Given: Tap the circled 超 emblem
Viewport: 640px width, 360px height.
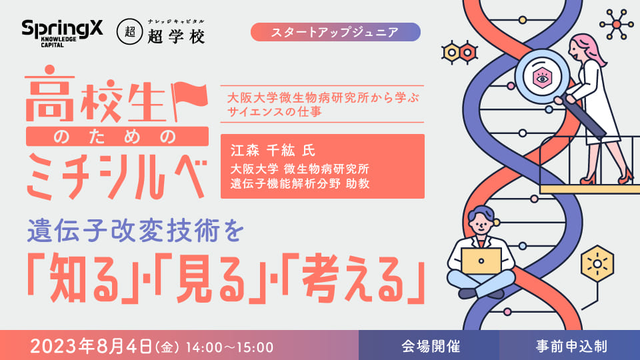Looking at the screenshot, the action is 130,32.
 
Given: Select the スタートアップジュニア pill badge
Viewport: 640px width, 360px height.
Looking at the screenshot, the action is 335,32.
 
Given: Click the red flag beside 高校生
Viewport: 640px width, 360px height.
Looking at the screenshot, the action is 189,101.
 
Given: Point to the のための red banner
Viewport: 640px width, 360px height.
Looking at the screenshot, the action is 117,136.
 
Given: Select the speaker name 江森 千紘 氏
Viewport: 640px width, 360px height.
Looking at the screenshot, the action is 273,151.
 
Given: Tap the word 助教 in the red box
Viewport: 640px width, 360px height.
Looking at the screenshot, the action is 357,183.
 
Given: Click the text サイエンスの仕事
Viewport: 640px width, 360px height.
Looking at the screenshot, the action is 274,111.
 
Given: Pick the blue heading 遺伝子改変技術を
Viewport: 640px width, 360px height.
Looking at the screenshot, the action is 135,230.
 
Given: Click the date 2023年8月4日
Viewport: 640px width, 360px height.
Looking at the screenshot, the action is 91,347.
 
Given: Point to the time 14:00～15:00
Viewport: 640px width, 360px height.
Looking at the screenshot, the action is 229,347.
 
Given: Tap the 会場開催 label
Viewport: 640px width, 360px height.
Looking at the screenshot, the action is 431,347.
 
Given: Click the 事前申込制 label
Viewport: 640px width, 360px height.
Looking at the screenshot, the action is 571,347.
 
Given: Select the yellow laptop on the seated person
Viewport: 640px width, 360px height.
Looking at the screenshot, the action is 481,261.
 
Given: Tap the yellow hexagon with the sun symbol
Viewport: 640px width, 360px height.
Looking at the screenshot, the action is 597,264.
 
